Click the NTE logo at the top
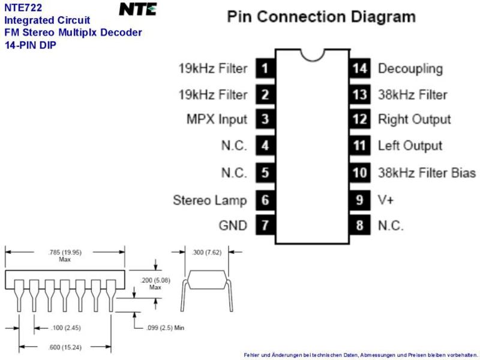click(138, 9)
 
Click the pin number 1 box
click(265, 68)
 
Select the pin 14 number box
click(359, 68)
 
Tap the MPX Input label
click(217, 119)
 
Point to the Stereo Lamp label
click(210, 200)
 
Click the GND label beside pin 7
click(233, 226)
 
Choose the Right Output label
click(415, 119)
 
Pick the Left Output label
click(410, 146)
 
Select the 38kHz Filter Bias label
click(427, 173)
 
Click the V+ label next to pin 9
click(386, 200)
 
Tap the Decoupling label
click(410, 69)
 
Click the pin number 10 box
click(359, 173)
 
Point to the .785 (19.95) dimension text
click(65, 252)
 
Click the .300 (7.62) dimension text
click(206, 252)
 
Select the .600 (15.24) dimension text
click(65, 347)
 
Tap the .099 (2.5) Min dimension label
click(166, 328)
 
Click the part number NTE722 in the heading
click(23, 7)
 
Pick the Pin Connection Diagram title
click(322, 17)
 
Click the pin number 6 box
click(265, 200)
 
